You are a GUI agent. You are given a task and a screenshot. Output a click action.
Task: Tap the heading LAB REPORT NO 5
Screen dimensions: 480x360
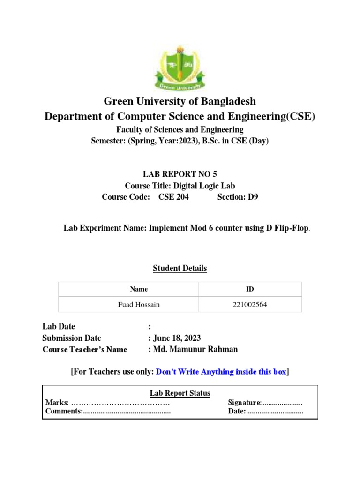tap(180, 174)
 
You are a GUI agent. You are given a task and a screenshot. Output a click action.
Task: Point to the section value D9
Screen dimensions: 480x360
tap(253, 197)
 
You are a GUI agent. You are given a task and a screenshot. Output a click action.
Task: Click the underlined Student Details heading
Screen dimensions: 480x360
tap(180, 269)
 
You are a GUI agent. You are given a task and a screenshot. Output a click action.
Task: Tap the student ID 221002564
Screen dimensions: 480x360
tap(250, 305)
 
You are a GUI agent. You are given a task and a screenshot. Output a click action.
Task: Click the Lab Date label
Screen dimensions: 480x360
tap(59, 327)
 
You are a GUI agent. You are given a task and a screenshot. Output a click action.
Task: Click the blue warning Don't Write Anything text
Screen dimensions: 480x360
tap(220, 372)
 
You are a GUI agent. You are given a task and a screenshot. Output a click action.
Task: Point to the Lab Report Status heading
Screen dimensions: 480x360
tap(180, 393)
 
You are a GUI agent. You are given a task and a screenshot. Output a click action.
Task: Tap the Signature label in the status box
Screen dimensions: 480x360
tap(244, 403)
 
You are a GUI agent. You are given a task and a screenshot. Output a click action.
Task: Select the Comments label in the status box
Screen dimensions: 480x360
tap(63, 412)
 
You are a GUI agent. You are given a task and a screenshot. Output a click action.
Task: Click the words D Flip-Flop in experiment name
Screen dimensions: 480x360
tap(285, 228)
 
